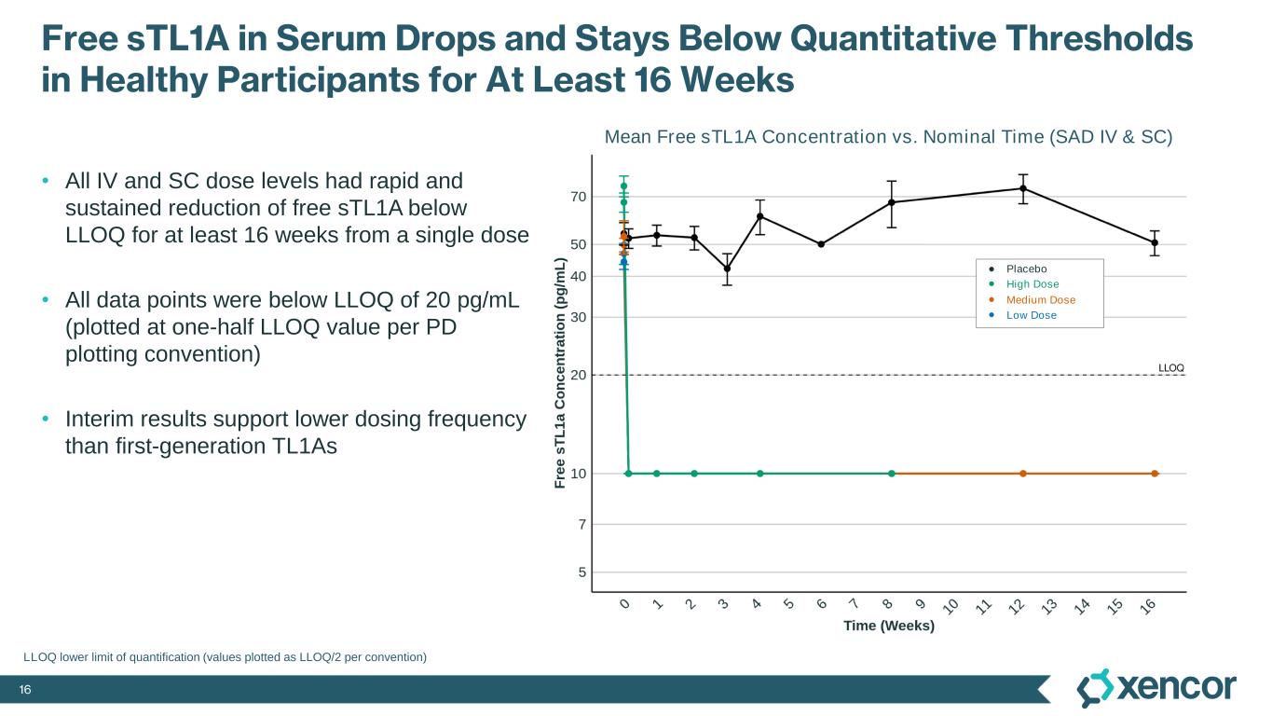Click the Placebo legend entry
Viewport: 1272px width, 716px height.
[1026, 269]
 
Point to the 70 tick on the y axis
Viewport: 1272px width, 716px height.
[578, 197]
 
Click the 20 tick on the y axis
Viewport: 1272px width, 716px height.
[578, 375]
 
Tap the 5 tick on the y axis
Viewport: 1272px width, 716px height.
[581, 571]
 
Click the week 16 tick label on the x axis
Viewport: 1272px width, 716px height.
[1149, 607]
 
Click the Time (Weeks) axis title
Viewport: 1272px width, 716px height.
[888, 626]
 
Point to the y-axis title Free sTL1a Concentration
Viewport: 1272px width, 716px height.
[560, 373]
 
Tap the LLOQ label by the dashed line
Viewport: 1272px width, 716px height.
[1170, 368]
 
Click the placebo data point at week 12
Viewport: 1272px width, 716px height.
[1023, 188]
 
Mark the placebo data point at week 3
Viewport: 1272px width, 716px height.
[727, 268]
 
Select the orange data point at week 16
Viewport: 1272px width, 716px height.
[1155, 474]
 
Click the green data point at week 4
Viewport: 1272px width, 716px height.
[760, 474]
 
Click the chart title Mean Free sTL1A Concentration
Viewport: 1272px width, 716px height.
[888, 137]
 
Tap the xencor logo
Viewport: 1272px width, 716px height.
[1156, 688]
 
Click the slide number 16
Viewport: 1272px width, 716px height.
[26, 690]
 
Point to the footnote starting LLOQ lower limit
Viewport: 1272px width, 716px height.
[225, 657]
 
